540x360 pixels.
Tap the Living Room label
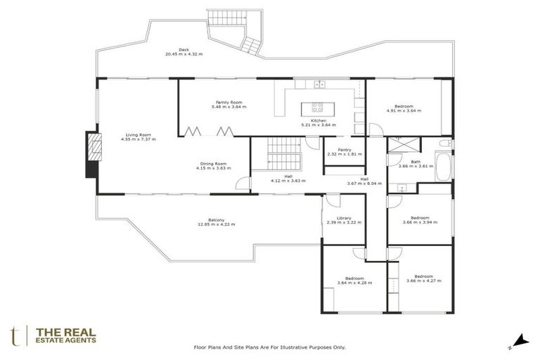click(x=139, y=134)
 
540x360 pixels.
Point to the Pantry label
click(x=345, y=149)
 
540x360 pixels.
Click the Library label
click(x=344, y=218)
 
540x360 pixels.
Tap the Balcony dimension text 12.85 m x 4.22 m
click(x=217, y=224)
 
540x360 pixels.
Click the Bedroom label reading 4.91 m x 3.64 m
click(x=404, y=106)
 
